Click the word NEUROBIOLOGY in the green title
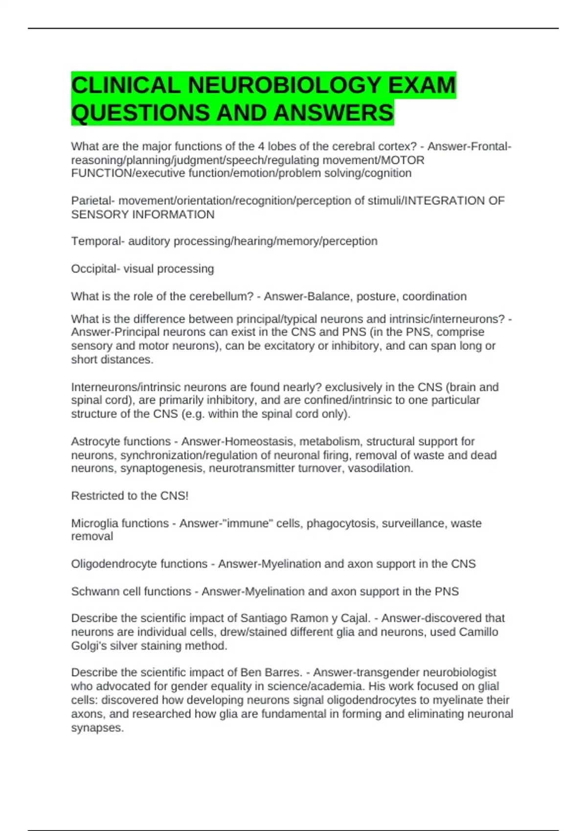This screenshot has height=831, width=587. click(x=285, y=86)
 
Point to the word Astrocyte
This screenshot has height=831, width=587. click(x=95, y=441)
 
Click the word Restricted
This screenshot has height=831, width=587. click(x=97, y=496)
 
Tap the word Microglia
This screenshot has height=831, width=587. click(x=95, y=524)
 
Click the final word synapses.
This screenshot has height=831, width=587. click(x=97, y=728)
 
